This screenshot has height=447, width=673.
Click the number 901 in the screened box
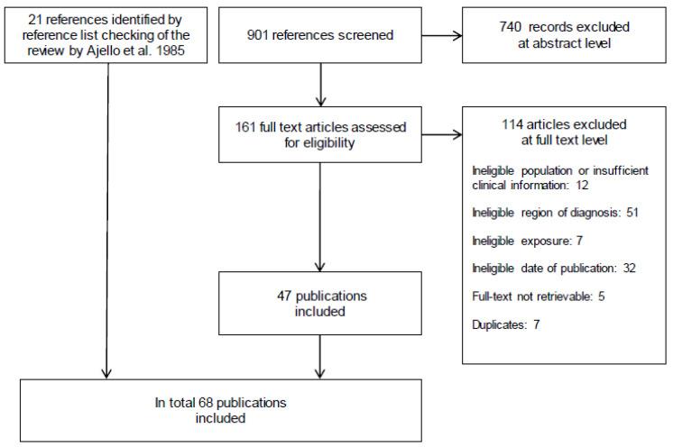[257, 35]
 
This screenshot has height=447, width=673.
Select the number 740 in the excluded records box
[511, 27]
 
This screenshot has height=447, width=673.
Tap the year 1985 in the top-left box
[171, 50]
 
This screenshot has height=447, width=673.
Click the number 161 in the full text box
[245, 127]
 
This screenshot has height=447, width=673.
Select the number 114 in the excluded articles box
[512, 124]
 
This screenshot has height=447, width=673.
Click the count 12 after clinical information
[582, 185]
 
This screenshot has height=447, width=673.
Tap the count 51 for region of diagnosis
[632, 213]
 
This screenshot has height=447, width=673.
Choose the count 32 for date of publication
[629, 269]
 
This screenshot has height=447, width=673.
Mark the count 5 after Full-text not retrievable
[602, 296]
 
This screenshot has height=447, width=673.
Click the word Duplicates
[499, 324]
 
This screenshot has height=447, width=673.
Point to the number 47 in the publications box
[284, 296]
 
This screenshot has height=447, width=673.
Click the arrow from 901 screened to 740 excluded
[442, 35]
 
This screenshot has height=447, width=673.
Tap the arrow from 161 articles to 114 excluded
[442, 135]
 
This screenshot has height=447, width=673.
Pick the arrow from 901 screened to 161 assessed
[320, 85]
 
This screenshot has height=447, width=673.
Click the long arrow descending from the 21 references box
[106, 221]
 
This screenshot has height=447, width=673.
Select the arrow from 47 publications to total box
[319, 357]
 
